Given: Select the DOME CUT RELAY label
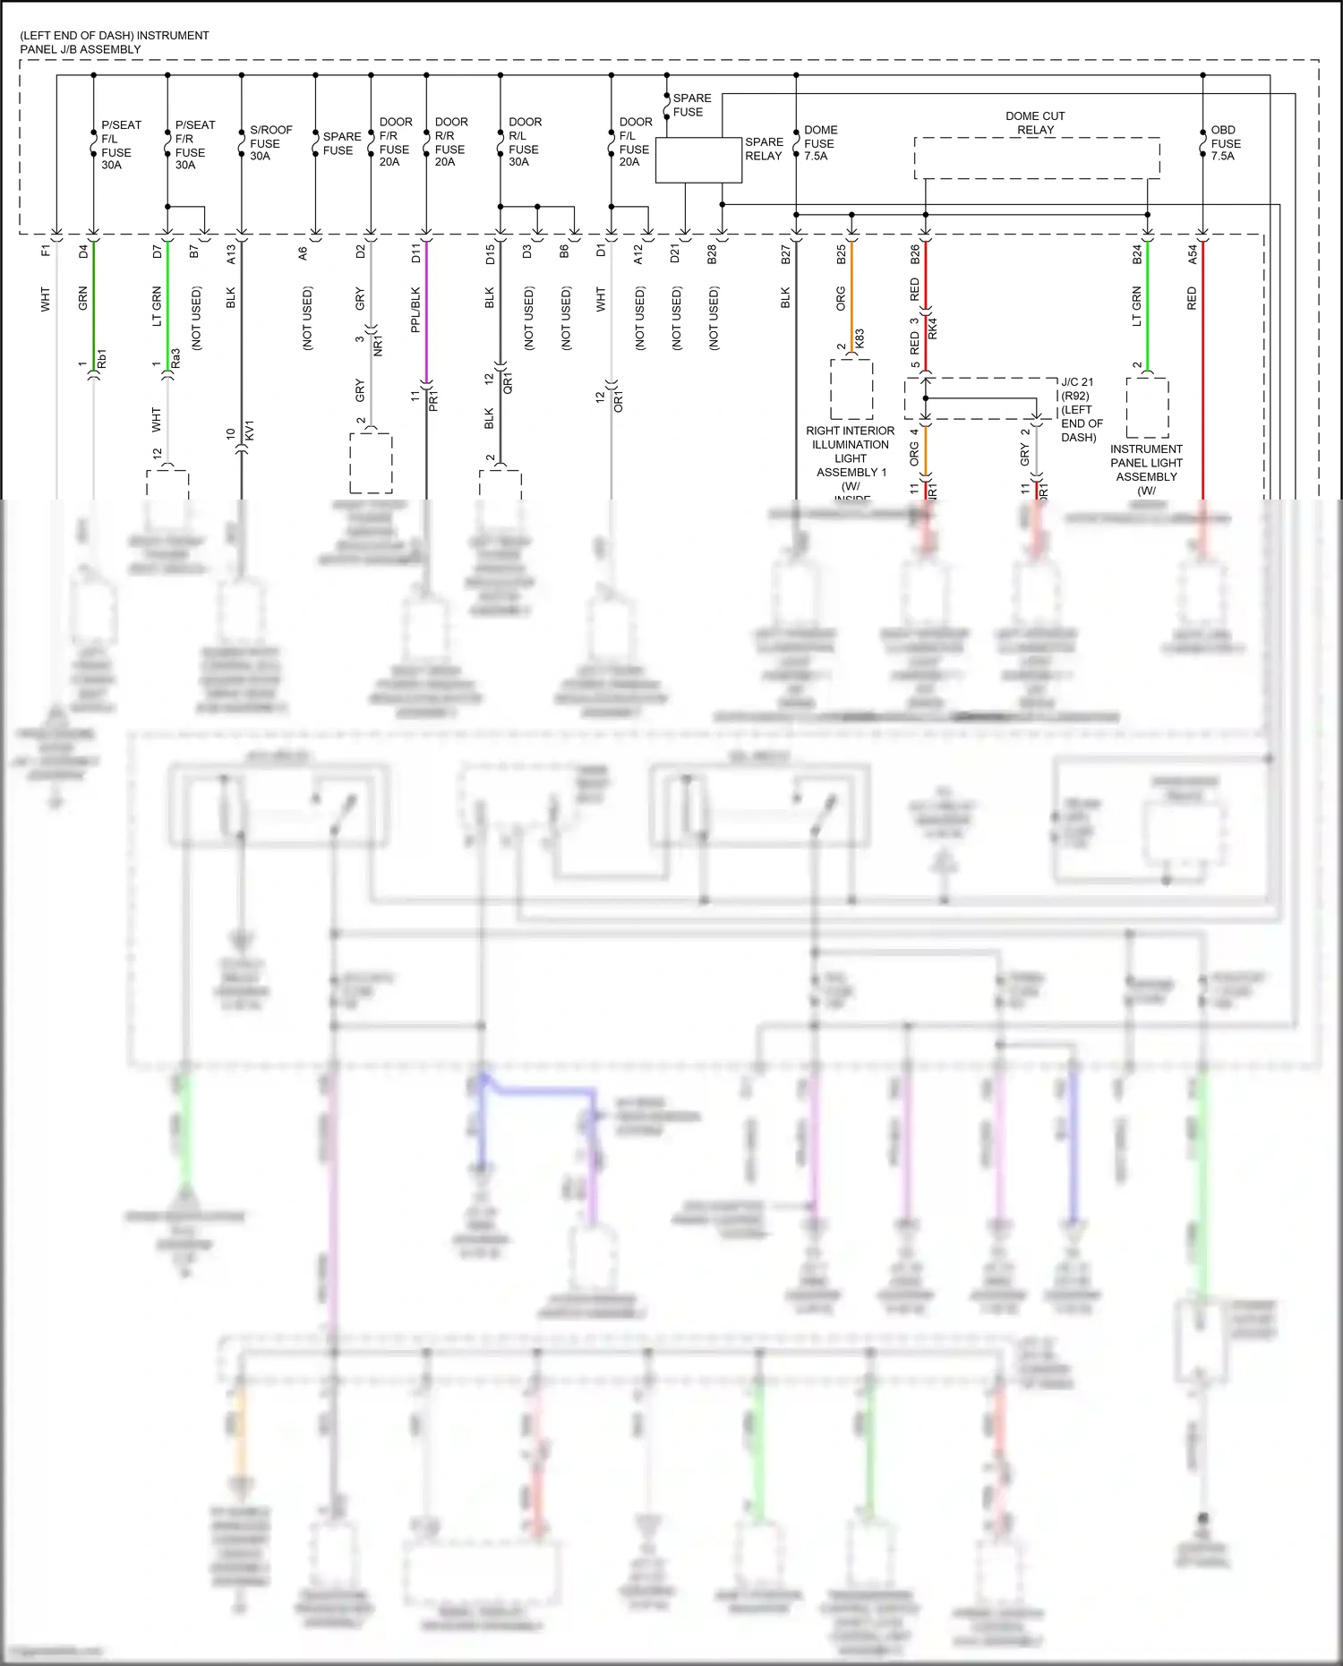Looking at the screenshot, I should tap(1035, 124).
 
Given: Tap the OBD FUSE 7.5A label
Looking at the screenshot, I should tap(1226, 143).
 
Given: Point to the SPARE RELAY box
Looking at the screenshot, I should tap(698, 160).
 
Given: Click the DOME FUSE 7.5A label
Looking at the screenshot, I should tap(819, 143).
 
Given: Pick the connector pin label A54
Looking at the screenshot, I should tap(1193, 255).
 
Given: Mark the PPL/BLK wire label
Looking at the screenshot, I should tap(415, 310).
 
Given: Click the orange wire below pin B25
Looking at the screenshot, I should tap(851, 295).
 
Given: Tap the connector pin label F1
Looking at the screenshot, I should tap(46, 252).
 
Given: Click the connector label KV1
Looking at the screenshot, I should tap(250, 430).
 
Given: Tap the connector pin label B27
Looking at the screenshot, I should tap(785, 255).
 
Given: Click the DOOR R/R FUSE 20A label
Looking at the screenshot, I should tap(450, 142).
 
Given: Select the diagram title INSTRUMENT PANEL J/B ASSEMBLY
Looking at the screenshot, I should tap(115, 42).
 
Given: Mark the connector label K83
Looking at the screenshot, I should tap(860, 338).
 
